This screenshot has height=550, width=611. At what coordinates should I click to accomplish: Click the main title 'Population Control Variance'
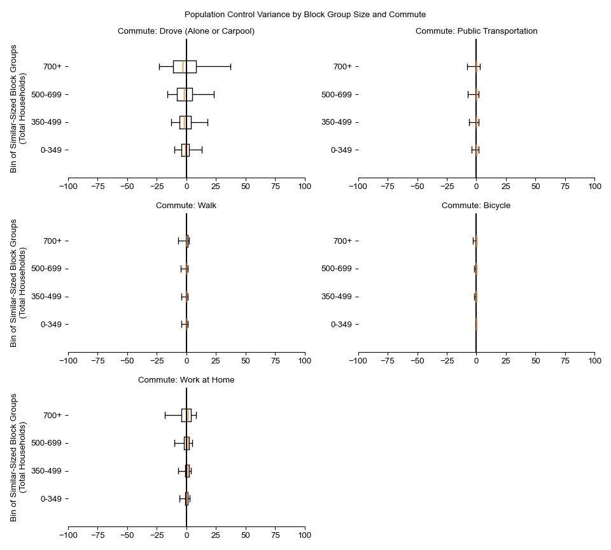305,15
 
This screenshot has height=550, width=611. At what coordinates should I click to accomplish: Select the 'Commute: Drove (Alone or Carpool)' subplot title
186,31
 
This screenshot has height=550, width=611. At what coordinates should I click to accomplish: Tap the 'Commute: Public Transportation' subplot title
476,31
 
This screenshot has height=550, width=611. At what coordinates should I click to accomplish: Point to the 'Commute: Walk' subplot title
186,206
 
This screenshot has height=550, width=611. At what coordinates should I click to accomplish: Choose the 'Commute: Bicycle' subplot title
476,206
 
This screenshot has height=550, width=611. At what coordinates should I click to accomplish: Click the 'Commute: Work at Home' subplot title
186,380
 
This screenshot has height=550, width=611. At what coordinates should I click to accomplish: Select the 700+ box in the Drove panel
185,67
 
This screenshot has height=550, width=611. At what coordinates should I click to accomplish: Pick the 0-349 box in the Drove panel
185,150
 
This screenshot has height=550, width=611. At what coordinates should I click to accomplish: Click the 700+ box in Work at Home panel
186,416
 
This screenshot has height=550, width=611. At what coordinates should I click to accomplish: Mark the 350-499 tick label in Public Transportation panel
337,122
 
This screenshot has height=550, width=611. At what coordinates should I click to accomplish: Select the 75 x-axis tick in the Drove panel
275,187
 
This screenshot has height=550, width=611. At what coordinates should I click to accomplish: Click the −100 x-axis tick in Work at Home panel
68,536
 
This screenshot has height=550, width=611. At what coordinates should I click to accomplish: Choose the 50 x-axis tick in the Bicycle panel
535,362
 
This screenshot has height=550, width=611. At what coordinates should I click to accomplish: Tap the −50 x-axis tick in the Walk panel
127,362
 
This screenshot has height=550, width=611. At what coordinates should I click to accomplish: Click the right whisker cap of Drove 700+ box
230,67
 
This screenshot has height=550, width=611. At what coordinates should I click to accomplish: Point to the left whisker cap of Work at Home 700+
165,416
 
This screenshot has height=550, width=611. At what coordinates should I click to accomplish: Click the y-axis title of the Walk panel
18,283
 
